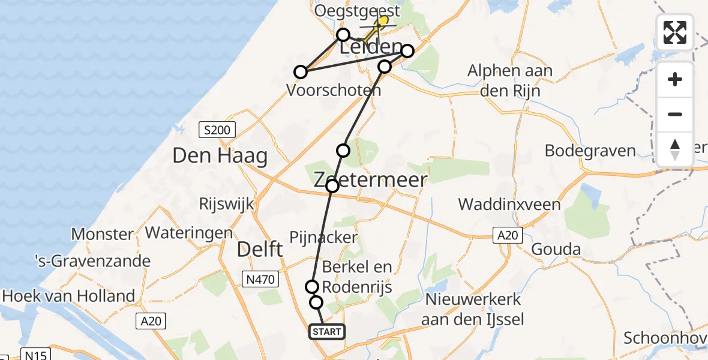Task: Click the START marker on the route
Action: coord(327,332)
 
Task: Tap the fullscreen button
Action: coord(675,32)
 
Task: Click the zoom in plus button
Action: coord(675,79)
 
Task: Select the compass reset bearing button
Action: coord(675,149)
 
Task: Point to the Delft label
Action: coord(259,249)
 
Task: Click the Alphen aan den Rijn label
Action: coord(511,81)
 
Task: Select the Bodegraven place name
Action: coord(590,150)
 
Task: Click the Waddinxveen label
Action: coord(509,204)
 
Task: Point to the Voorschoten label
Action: coord(334,91)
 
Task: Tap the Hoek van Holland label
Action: coord(69,296)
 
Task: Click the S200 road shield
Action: coord(217,129)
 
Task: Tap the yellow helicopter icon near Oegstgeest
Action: coord(380,23)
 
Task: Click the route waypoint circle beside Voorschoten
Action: coord(301,73)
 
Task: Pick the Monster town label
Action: coord(102,233)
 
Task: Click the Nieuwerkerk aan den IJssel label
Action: coord(473,308)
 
